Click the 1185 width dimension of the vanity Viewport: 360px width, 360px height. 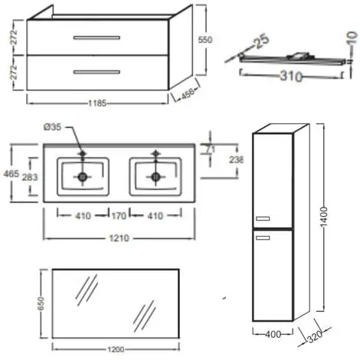click(97, 103)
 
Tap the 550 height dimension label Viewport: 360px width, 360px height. click(205, 40)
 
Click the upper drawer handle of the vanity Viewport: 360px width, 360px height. click(97, 38)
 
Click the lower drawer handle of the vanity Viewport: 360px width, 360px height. click(97, 72)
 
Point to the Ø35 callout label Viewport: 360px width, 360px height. click(53, 127)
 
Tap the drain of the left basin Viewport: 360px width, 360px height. click(83, 177)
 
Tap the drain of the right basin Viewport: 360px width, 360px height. click(155, 177)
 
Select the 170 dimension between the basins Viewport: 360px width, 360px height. click(119, 216)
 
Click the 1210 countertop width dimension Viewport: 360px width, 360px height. click(119, 238)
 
